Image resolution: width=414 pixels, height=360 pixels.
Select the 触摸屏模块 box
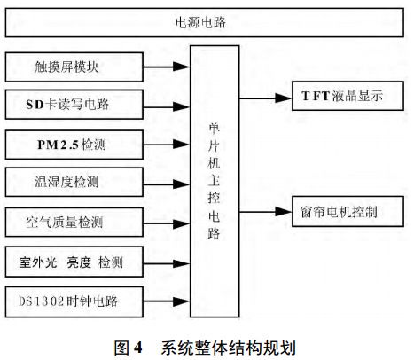click(74, 66)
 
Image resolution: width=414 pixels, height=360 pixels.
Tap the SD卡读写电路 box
click(74, 105)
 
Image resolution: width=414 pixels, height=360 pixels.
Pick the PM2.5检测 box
click(74, 144)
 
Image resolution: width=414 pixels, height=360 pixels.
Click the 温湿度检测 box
click(74, 183)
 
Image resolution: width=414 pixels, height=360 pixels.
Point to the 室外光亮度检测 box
click(74, 262)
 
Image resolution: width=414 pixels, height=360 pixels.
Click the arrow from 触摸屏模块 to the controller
click(168, 66)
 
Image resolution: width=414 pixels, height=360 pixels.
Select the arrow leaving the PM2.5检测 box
click(168, 144)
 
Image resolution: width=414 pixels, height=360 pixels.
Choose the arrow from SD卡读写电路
click(168, 105)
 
